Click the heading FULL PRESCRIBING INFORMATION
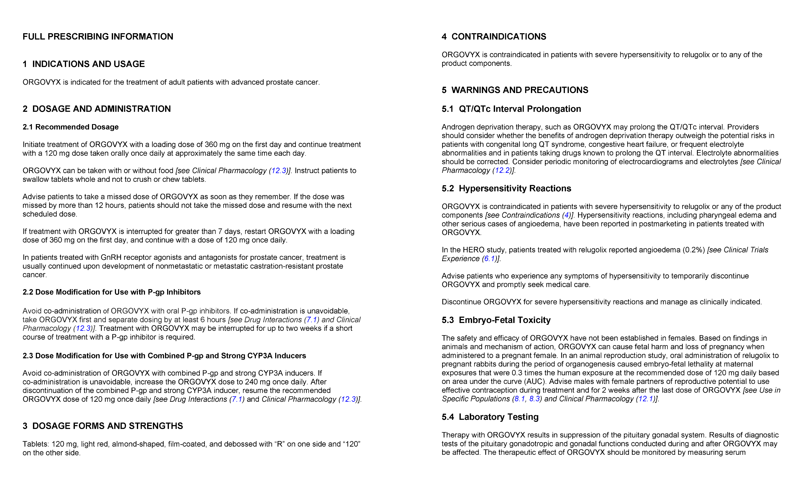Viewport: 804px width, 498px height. click(98, 37)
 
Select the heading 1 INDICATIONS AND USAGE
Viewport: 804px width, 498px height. click(84, 64)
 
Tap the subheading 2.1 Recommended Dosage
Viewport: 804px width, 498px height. click(71, 127)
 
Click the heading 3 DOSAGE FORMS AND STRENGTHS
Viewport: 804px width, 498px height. click(103, 426)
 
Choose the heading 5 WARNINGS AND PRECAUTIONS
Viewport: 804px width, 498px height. click(515, 90)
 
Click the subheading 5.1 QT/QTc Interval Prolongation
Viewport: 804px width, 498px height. click(511, 109)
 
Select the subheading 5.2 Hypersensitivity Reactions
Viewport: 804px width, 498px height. click(506, 188)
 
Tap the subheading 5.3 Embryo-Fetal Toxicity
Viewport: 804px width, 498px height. click(496, 320)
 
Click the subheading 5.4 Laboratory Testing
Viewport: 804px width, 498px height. click(490, 417)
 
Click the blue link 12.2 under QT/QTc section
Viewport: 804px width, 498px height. click(502, 170)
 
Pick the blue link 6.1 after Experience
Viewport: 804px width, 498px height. click(489, 258)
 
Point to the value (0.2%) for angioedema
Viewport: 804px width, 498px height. click(693, 250)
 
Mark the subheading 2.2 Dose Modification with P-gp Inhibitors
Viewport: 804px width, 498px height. click(111, 292)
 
